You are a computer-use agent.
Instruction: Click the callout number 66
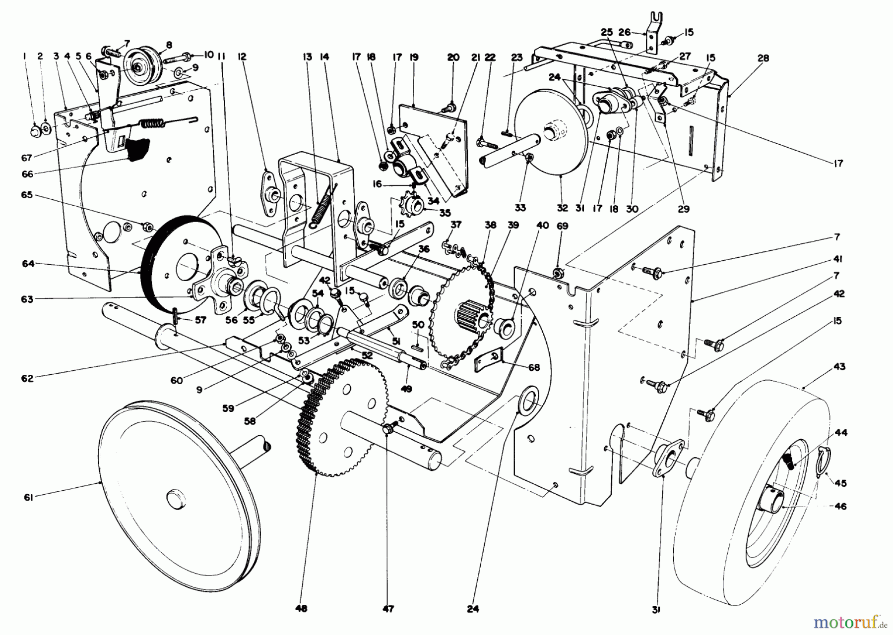click(27, 174)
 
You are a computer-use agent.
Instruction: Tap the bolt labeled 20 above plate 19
click(451, 105)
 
